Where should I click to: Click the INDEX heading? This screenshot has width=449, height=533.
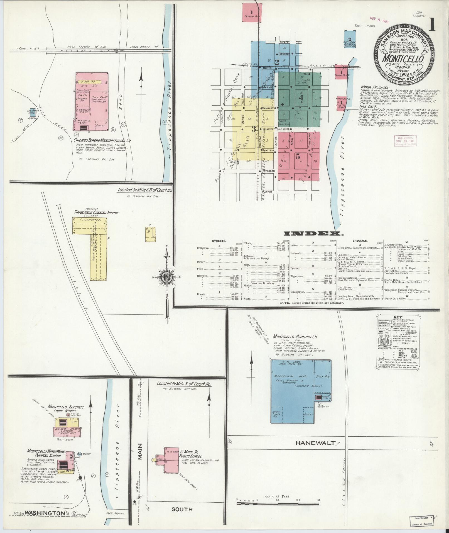point(312,233)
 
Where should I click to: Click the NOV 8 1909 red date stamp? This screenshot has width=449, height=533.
point(379,20)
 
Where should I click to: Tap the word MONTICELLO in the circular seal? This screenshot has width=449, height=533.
point(403,59)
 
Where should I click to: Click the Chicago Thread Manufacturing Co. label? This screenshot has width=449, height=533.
point(102,141)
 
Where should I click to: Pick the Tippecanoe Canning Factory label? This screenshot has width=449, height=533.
point(97,213)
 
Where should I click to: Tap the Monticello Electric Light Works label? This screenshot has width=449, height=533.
point(70,409)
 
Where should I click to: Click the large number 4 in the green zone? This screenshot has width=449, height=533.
point(301,98)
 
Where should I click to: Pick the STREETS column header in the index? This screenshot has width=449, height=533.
point(219,240)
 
